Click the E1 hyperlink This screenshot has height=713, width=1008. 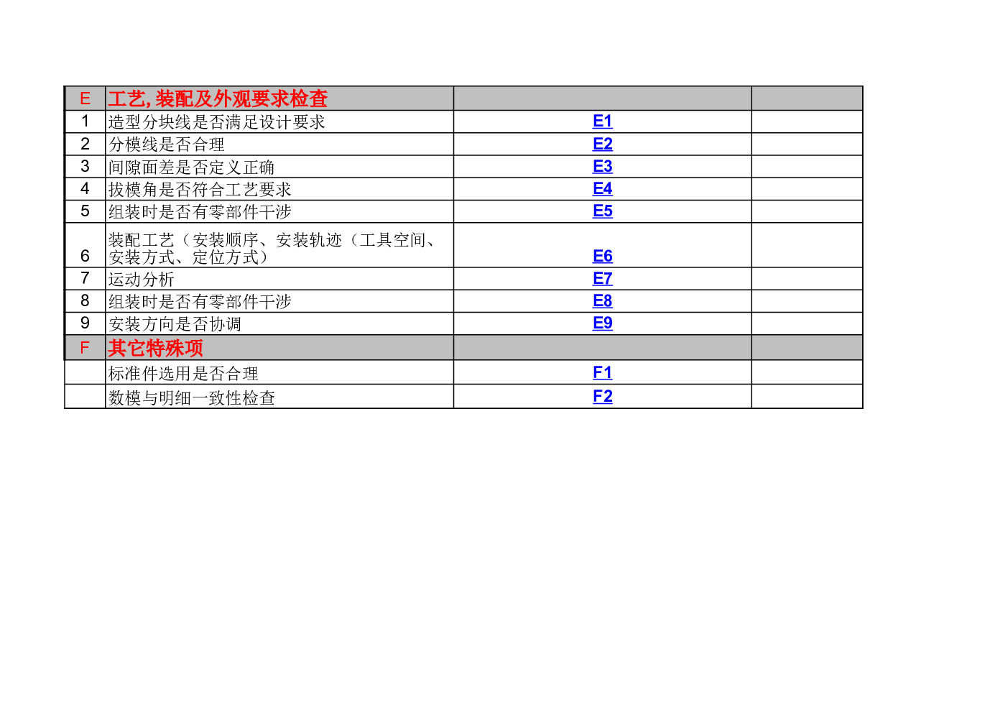(602, 121)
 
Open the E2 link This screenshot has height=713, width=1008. (602, 144)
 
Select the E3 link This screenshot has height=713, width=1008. (602, 167)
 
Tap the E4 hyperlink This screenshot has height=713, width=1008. (602, 188)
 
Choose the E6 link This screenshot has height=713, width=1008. (602, 256)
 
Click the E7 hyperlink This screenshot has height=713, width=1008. (602, 279)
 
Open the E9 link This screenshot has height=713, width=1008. (602, 323)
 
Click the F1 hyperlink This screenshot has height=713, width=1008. (602, 373)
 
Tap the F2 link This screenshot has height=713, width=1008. (602, 397)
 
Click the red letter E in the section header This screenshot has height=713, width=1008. (85, 98)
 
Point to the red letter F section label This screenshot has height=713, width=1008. (85, 348)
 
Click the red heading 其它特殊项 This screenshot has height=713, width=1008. (155, 348)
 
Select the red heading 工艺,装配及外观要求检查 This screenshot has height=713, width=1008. (218, 99)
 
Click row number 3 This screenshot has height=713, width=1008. (85, 167)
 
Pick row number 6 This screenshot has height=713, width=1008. (85, 256)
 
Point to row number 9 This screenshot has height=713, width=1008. (85, 323)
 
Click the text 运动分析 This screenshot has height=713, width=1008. (142, 280)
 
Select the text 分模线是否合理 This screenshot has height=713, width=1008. (167, 144)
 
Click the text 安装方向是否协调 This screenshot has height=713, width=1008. (175, 324)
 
